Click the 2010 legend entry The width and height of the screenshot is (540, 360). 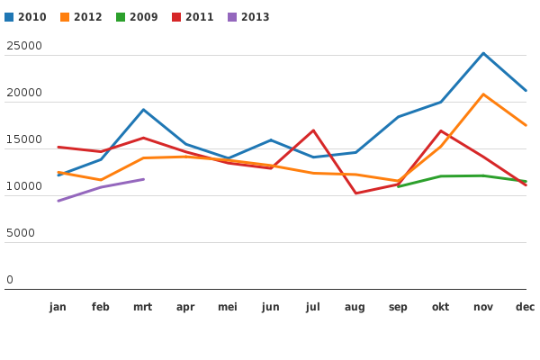(x=25, y=17)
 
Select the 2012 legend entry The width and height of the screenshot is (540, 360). (x=81, y=17)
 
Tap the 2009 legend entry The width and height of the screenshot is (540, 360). (x=137, y=17)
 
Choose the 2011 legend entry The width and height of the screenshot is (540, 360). (x=193, y=17)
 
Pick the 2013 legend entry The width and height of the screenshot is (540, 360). (x=248, y=17)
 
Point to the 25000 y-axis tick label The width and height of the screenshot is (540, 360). (x=24, y=46)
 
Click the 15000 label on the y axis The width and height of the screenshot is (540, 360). (x=24, y=139)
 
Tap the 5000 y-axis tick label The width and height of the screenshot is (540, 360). (x=21, y=233)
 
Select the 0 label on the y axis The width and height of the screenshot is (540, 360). (x=10, y=280)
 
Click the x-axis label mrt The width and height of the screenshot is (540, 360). (x=143, y=307)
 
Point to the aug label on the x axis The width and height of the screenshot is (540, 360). (x=355, y=307)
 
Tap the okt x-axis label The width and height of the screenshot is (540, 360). (x=440, y=307)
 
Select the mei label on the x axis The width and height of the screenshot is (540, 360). (x=228, y=307)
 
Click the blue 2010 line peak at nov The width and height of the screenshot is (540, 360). (x=483, y=53)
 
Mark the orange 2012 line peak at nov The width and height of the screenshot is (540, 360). (x=483, y=94)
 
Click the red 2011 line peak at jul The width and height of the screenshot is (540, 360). (x=313, y=130)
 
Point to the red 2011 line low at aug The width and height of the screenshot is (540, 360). (x=355, y=193)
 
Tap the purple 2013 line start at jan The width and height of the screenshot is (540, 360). (x=58, y=201)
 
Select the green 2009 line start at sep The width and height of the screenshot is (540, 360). (x=398, y=186)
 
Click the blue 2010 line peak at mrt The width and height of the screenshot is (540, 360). (x=143, y=110)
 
